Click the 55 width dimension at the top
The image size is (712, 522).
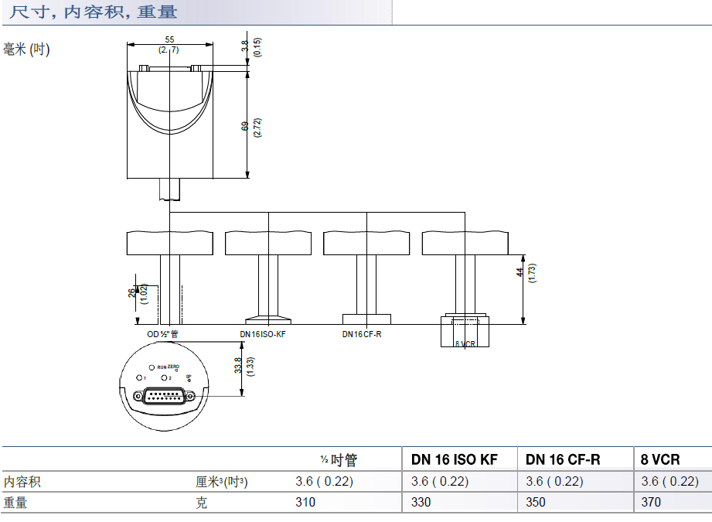(x=169, y=39)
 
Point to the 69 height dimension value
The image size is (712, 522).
(x=245, y=127)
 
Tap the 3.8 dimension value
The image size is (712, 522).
(x=245, y=47)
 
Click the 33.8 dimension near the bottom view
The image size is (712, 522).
(x=238, y=367)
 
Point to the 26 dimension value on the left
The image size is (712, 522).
(x=131, y=292)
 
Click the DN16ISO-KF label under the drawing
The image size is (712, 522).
(x=263, y=334)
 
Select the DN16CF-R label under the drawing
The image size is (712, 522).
(x=362, y=334)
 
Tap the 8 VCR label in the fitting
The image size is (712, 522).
(x=465, y=343)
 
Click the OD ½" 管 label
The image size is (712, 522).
(x=163, y=334)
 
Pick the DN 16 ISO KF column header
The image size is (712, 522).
(x=455, y=459)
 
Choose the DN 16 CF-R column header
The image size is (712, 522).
(x=563, y=459)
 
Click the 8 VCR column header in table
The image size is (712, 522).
(x=660, y=459)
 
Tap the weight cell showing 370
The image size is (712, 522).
(x=652, y=502)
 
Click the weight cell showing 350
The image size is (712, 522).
(x=535, y=502)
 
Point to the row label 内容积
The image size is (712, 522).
(x=22, y=482)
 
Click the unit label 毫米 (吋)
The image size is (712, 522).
(x=26, y=49)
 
